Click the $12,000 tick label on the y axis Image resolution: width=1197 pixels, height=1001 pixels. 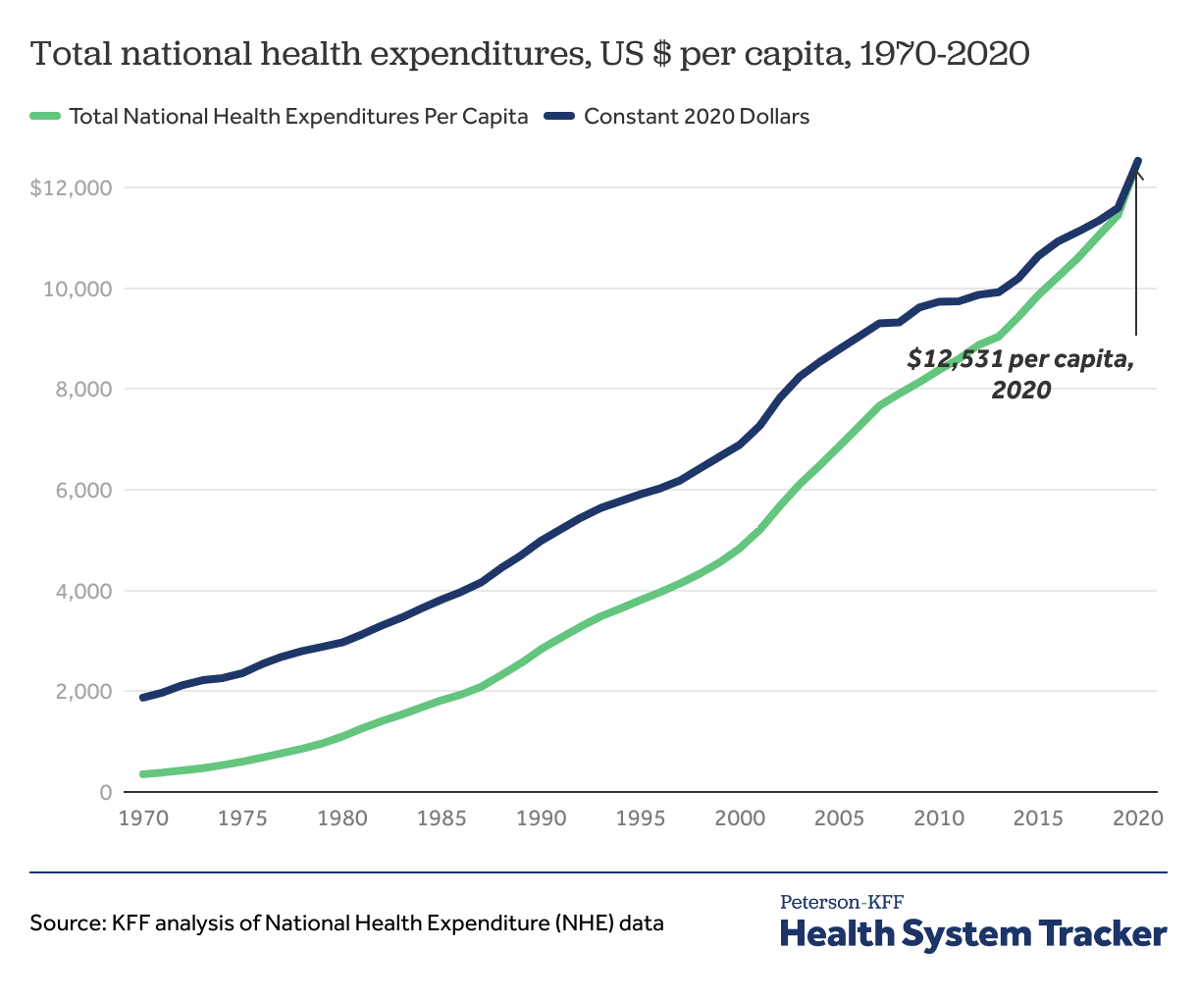(71, 187)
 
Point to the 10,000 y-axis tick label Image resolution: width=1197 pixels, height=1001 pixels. (78, 289)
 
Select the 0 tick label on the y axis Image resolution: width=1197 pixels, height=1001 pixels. (106, 792)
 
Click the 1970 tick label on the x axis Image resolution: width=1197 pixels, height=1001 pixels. (143, 817)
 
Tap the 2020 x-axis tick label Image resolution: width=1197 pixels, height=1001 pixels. (1138, 817)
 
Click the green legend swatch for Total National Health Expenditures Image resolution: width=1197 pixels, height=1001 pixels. (45, 117)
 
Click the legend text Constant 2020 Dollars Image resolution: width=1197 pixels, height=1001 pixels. (697, 117)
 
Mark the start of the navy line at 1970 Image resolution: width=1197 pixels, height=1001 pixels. (143, 698)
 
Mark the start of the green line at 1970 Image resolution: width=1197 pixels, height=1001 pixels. (143, 774)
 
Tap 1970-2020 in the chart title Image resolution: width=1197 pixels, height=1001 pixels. (944, 54)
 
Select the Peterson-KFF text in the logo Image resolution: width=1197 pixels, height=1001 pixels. (842, 902)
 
